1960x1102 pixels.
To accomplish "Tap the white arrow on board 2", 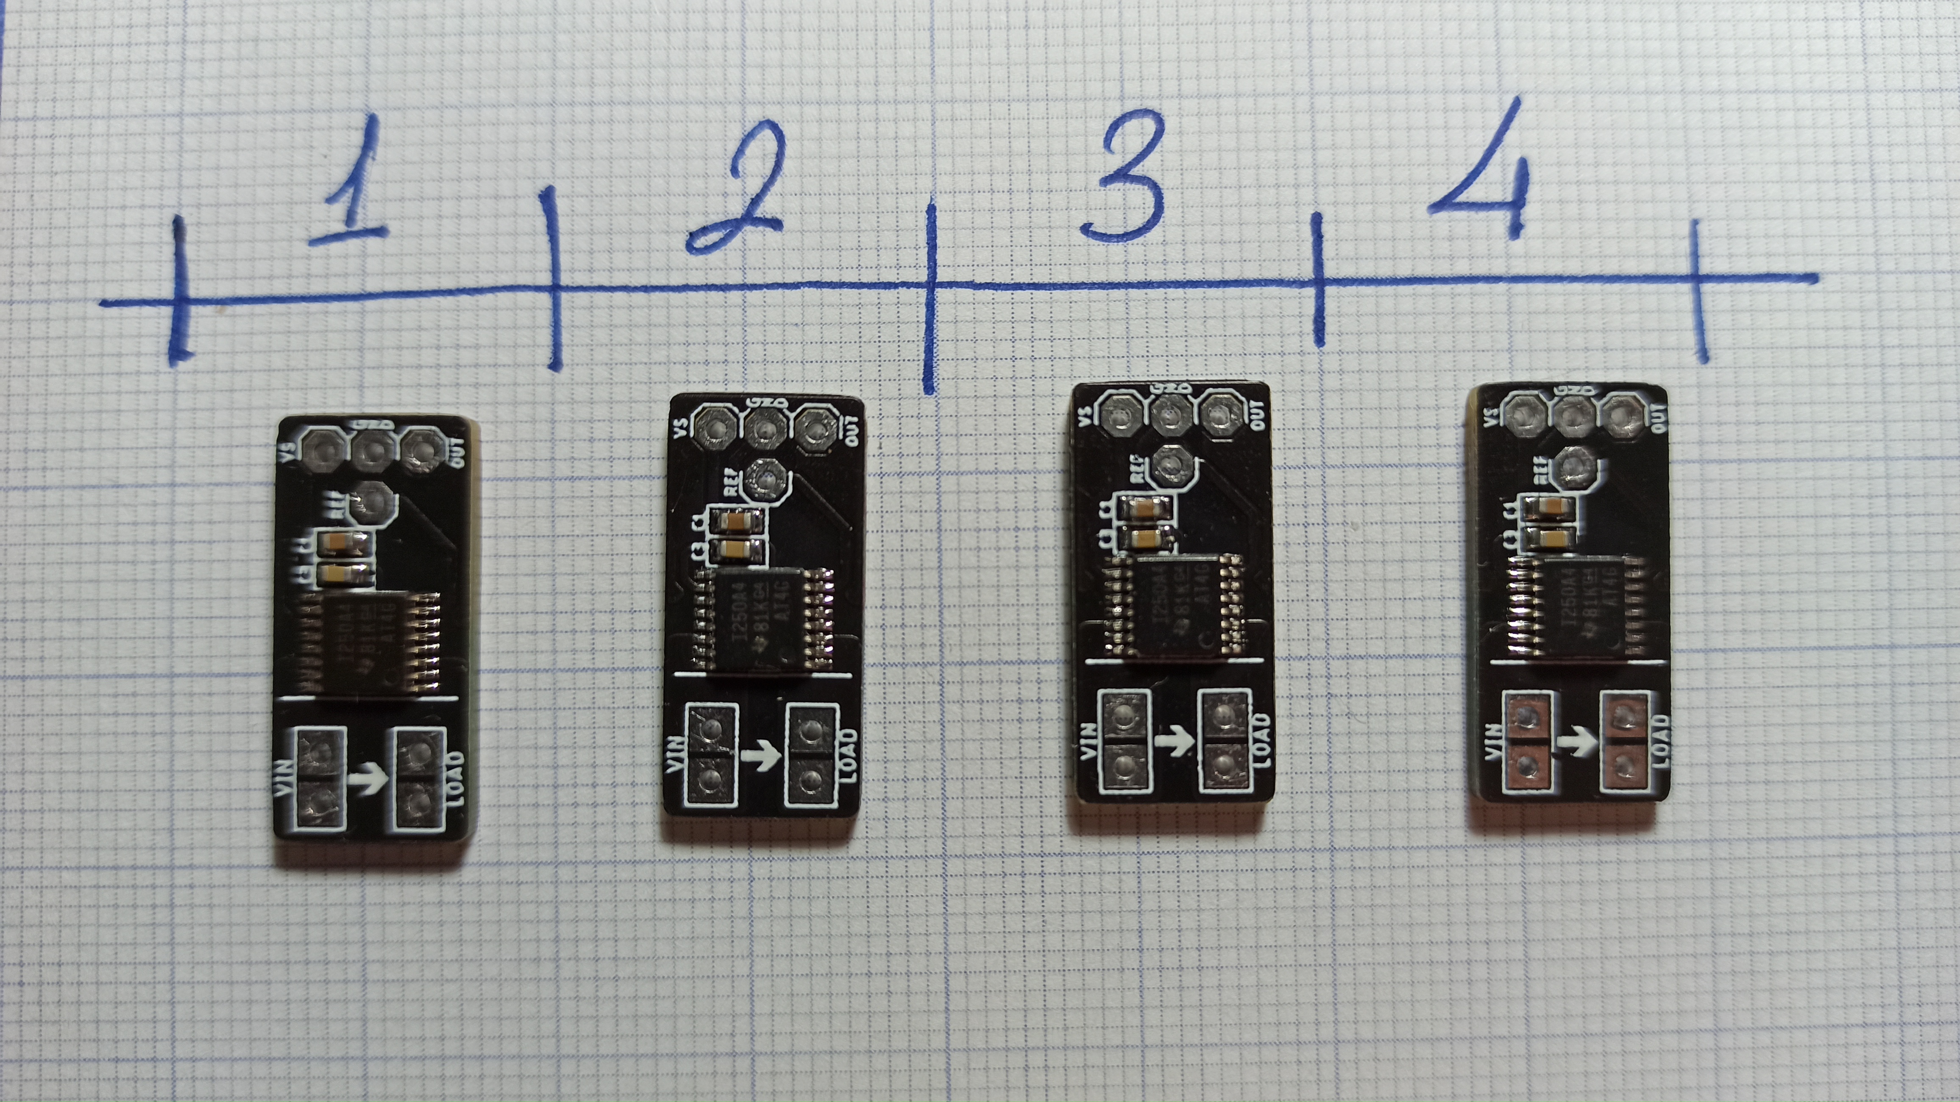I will coord(761,756).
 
